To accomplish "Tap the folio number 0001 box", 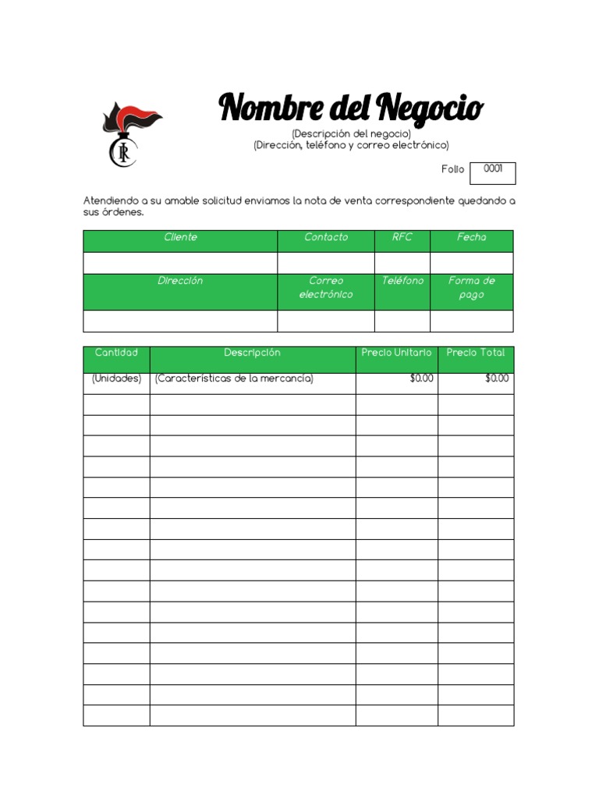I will click(x=493, y=172).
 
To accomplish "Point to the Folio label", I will click(x=452, y=169).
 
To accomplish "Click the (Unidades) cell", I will click(x=116, y=378).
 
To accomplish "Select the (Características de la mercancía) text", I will click(x=234, y=378).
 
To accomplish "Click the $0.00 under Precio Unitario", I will click(x=421, y=378).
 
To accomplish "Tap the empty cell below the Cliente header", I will click(x=180, y=263).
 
